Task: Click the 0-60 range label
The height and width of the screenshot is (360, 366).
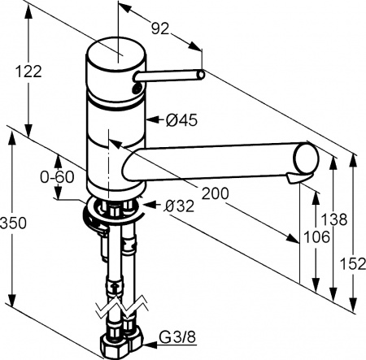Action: point(56,176)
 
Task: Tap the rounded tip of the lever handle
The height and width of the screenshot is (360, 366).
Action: point(198,76)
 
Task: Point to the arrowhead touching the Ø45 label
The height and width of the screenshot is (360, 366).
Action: point(149,121)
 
